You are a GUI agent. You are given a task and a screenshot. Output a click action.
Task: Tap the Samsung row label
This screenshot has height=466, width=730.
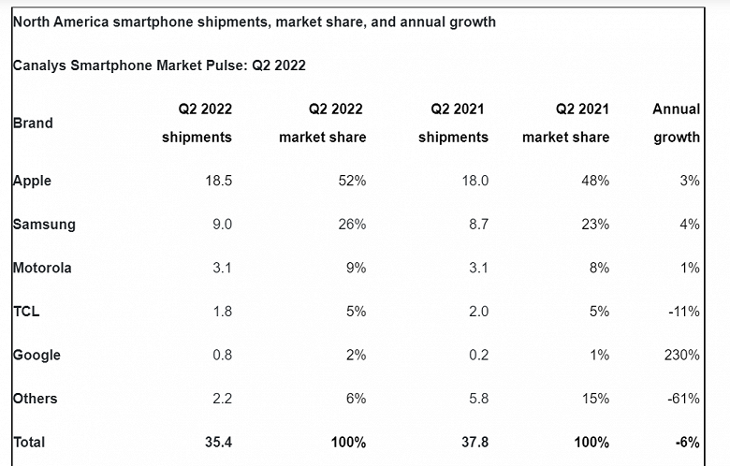click(x=44, y=225)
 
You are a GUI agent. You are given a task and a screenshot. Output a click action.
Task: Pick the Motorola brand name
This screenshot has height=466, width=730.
click(x=42, y=268)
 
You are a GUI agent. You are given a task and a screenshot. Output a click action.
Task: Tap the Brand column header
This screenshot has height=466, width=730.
click(x=33, y=123)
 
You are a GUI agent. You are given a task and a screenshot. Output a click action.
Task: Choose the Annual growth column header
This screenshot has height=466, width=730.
click(x=677, y=123)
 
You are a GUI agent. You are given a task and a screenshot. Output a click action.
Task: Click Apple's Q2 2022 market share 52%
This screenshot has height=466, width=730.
click(x=351, y=181)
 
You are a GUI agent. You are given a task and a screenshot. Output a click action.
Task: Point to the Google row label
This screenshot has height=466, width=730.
click(x=36, y=355)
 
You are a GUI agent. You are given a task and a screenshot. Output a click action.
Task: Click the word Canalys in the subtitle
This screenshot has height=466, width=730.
click(x=39, y=66)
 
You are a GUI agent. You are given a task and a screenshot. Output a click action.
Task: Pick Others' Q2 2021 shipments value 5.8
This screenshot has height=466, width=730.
click(x=476, y=399)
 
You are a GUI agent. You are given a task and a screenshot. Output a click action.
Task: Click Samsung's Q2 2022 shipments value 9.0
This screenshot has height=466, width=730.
click(x=221, y=225)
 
